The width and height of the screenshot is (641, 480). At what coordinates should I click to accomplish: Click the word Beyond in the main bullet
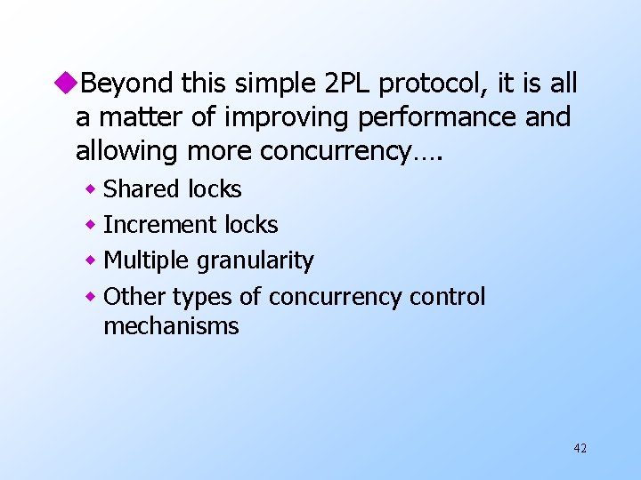coord(127,84)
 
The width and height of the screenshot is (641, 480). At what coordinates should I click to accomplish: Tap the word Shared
coord(142,189)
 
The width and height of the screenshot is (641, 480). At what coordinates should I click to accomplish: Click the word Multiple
coord(148,260)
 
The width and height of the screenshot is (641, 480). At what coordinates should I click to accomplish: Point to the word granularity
coord(256,260)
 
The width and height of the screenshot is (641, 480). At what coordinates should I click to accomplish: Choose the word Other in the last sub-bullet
coord(134,296)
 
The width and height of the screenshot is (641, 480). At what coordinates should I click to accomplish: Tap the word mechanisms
coord(171,326)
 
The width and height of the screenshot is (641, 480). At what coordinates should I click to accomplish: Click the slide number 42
coord(580,448)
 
